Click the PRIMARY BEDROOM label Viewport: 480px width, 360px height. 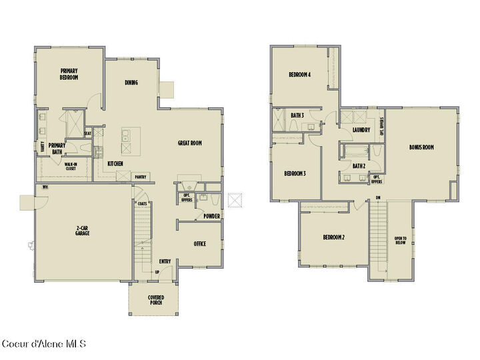coord(69,74)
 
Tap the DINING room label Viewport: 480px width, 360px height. coord(131,83)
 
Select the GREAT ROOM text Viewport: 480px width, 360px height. coord(189,143)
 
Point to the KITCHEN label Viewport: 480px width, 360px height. coord(115,163)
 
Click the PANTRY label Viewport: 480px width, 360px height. coord(141,177)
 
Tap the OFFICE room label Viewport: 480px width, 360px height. coord(199,244)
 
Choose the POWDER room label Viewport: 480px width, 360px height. coord(212,216)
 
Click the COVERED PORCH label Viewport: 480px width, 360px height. coord(155,299)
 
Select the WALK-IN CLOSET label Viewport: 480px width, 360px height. coord(71,166)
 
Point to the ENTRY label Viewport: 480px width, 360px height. coord(165,261)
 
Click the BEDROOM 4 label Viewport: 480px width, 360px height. coord(300,74)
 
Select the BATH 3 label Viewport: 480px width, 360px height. coord(297,115)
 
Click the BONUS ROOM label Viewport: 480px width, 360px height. coord(421,147)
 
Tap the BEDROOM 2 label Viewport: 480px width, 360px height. coord(333,237)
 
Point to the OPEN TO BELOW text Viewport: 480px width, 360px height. coord(400,241)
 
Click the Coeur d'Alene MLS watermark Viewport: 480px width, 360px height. coord(43,344)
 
